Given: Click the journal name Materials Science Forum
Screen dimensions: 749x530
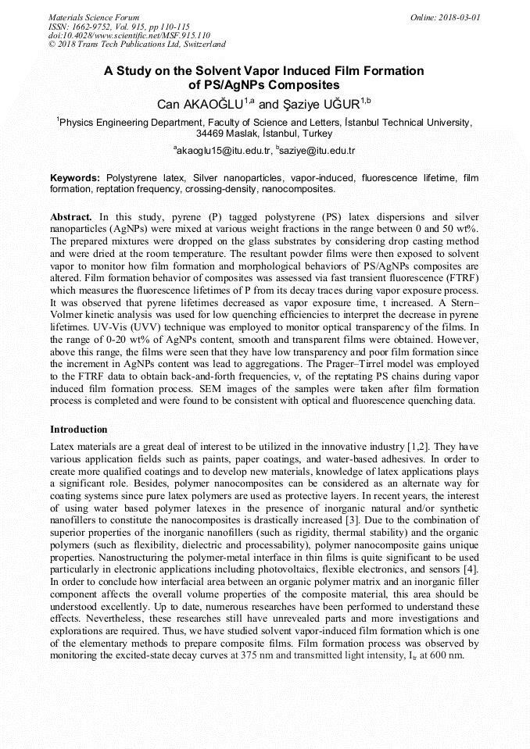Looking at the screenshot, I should pos(94,17).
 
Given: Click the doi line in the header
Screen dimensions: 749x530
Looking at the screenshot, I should pos(129,35).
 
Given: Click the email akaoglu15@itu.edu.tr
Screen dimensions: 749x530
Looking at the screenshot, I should pos(224,150).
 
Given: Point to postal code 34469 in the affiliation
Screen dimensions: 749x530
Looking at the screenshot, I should pos(210,134).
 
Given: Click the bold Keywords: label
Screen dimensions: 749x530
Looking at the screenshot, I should pos(75,178).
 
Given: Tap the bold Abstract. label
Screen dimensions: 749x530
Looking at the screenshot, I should pos(71,216).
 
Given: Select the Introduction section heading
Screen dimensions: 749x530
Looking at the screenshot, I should pos(79,430).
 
